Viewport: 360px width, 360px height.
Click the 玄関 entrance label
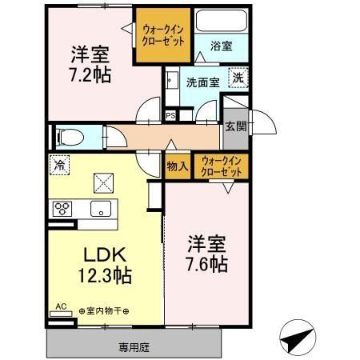coord(234,126)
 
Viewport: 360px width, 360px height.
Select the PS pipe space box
coord(170,115)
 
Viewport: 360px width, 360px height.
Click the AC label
coord(61,307)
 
